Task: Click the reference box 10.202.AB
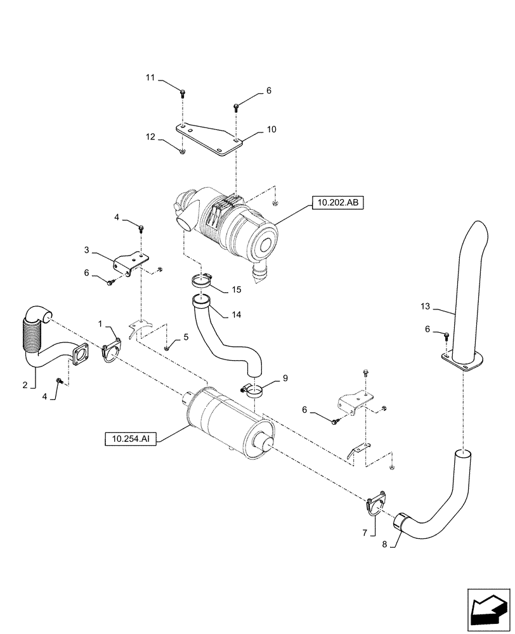click(x=337, y=204)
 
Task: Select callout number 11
click(x=150, y=77)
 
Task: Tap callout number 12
click(x=150, y=136)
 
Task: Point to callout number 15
click(x=236, y=290)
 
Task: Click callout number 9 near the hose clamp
click(x=285, y=378)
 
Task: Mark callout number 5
click(x=186, y=338)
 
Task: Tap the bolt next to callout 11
click(x=183, y=93)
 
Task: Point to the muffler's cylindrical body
click(x=222, y=418)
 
